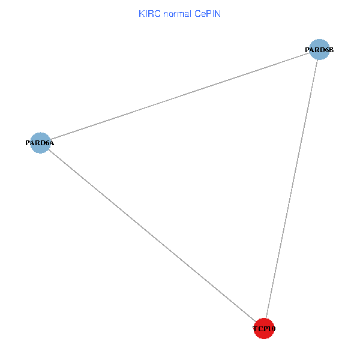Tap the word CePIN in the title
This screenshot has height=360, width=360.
pyautogui.click(x=208, y=14)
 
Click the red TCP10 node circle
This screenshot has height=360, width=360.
pyautogui.click(x=264, y=329)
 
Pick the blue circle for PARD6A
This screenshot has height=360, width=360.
pyautogui.click(x=40, y=143)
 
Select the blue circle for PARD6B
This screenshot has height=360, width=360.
pyautogui.click(x=319, y=50)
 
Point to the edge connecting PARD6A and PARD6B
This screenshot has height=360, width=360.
pyautogui.click(x=180, y=96)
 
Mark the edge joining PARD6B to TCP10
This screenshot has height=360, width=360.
pyautogui.click(x=292, y=189)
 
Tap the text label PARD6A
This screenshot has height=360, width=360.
pyautogui.click(x=40, y=143)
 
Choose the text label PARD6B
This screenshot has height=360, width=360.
pyautogui.click(x=319, y=50)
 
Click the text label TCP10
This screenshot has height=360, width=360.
pyautogui.click(x=264, y=329)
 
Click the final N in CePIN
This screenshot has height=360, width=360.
pyautogui.click(x=218, y=14)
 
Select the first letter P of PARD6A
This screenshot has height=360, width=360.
pyautogui.click(x=28, y=143)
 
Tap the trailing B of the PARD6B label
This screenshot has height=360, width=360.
pyautogui.click(x=331, y=50)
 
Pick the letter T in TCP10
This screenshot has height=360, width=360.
pyautogui.click(x=256, y=329)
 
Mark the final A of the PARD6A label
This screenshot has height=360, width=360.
pyautogui.click(x=52, y=143)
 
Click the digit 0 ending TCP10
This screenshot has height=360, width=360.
pyautogui.click(x=274, y=329)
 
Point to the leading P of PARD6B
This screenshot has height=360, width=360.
pyautogui.click(x=307, y=50)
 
